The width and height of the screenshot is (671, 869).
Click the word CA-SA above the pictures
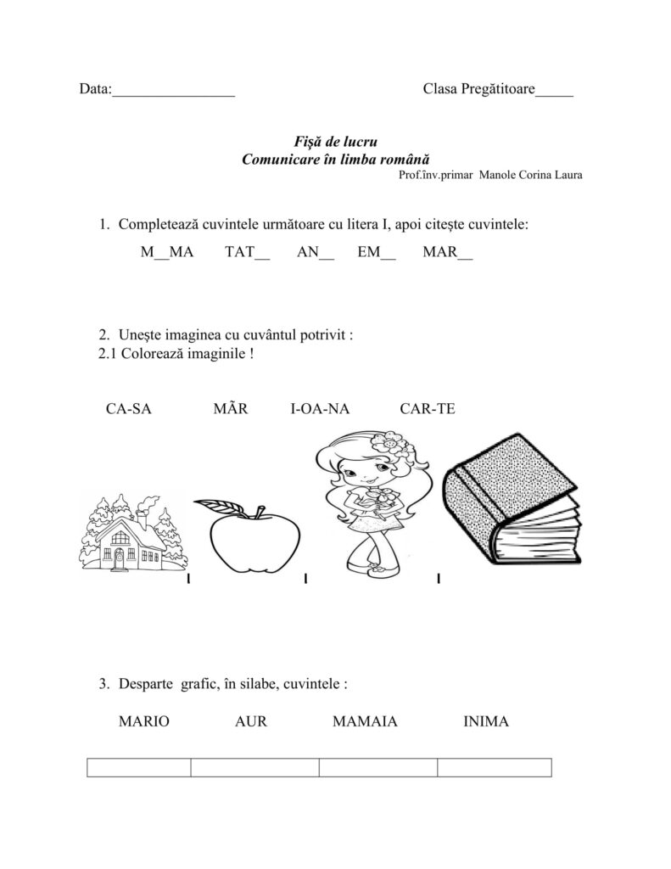point(129,409)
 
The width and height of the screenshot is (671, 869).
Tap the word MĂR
point(231,409)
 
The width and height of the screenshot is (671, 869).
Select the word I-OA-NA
point(320,409)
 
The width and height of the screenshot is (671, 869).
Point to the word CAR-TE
point(428,409)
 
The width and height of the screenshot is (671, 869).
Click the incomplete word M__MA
point(167,252)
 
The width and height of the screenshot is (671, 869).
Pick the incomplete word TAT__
point(248,252)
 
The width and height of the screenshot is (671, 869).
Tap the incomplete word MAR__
point(447,252)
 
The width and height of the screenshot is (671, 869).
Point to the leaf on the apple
point(218,507)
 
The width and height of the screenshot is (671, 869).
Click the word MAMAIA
point(365,722)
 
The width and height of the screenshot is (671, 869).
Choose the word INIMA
point(486,722)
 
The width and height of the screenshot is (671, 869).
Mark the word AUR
point(250,722)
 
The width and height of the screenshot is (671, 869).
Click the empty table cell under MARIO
point(139,768)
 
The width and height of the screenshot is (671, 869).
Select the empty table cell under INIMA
point(494,768)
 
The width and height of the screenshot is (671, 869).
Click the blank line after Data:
point(174,91)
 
